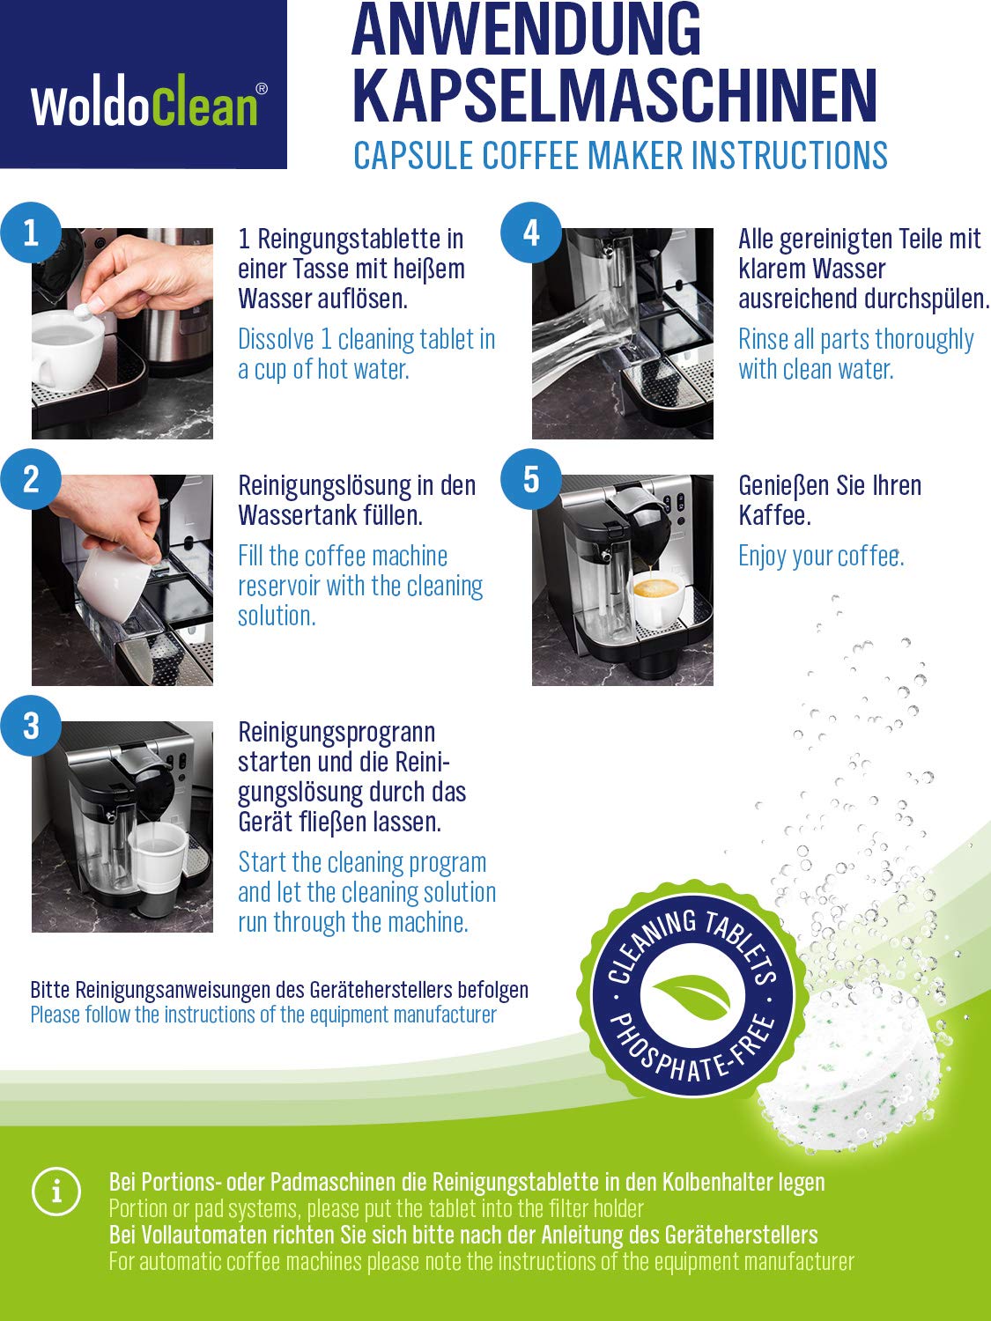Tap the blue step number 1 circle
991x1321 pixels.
[x=31, y=232]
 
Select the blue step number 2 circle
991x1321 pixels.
[x=31, y=479]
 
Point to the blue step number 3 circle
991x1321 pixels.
[x=31, y=726]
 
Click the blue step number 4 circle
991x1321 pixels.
[x=530, y=232]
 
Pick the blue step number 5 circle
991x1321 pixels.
[x=530, y=479]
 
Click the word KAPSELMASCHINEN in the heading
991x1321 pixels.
[x=614, y=96]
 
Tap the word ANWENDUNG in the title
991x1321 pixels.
[x=527, y=30]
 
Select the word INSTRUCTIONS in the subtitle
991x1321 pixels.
[x=788, y=155]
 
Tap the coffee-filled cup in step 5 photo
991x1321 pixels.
[x=656, y=600]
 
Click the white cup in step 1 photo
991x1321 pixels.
[x=66, y=349]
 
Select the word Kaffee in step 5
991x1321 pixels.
[x=775, y=515]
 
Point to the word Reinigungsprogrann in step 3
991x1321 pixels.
[x=336, y=733]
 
